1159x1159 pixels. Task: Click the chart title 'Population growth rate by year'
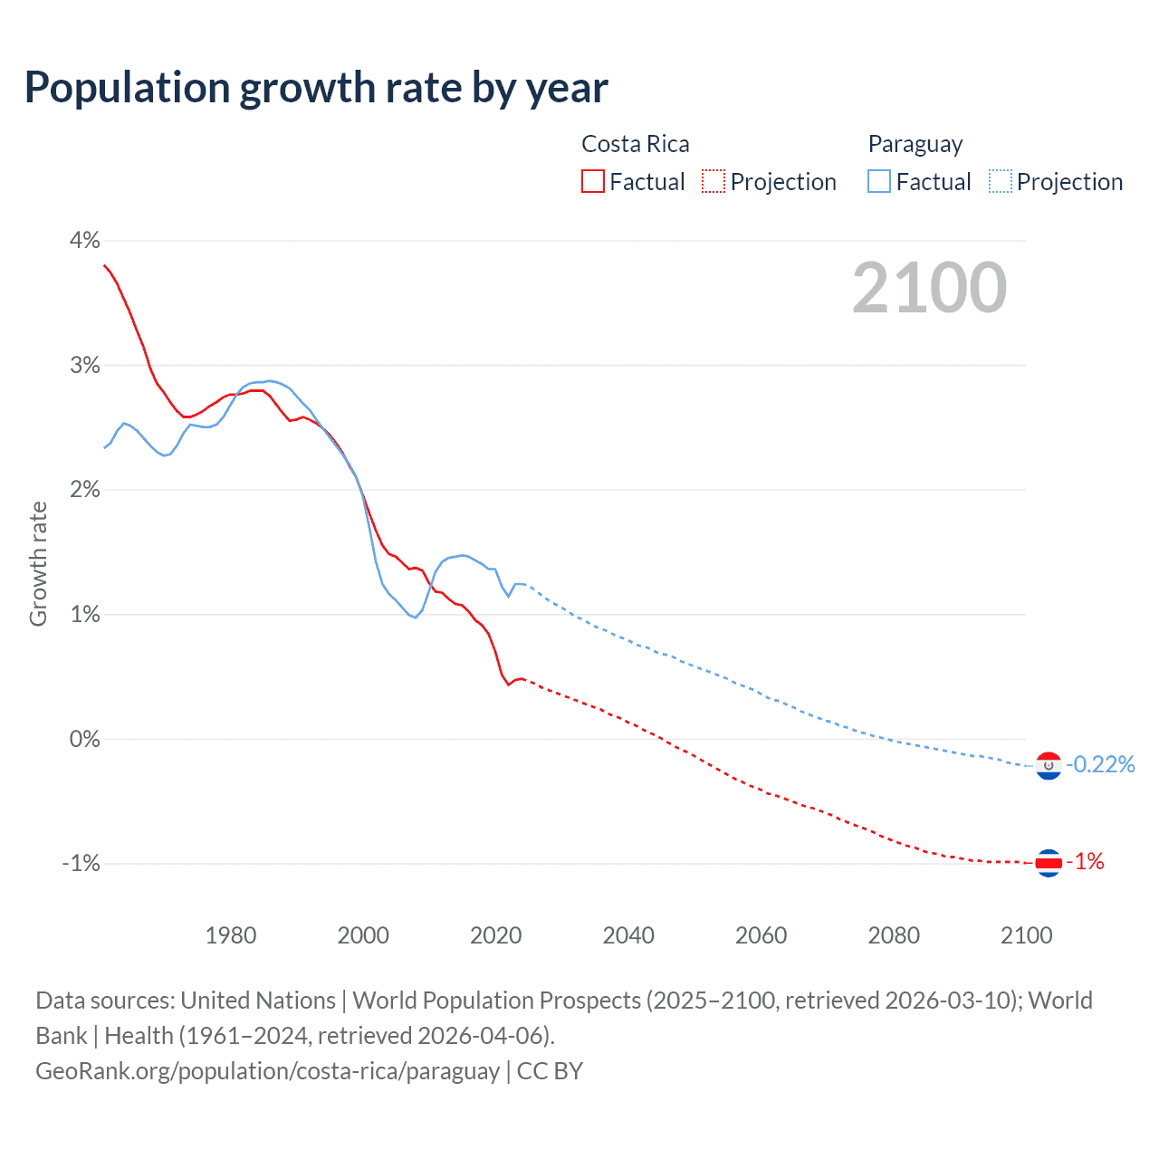tap(316, 88)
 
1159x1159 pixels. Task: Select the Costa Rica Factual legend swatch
tap(592, 182)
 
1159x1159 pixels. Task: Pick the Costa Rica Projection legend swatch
tap(714, 182)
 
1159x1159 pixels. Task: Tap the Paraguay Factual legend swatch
tap(878, 182)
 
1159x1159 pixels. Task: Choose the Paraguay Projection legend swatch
tap(1000, 182)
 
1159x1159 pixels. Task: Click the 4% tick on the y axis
tap(84, 241)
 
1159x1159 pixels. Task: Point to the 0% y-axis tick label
tap(84, 739)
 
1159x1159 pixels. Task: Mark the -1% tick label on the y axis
tap(81, 864)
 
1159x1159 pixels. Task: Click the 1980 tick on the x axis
tap(231, 935)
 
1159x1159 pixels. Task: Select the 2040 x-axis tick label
tap(628, 935)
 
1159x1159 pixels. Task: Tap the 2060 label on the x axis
tap(761, 935)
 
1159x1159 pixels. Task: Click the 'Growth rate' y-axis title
tap(38, 563)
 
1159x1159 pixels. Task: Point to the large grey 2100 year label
tap(929, 288)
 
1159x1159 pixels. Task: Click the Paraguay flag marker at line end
tap(1048, 766)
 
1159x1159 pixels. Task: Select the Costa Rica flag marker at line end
tap(1048, 863)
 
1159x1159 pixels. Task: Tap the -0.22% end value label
tap(1100, 765)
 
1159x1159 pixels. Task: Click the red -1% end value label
tap(1085, 862)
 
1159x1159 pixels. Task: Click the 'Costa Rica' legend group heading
tap(635, 145)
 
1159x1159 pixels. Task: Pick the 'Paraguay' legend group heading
tap(915, 145)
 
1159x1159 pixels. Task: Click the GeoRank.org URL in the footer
tap(267, 1071)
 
